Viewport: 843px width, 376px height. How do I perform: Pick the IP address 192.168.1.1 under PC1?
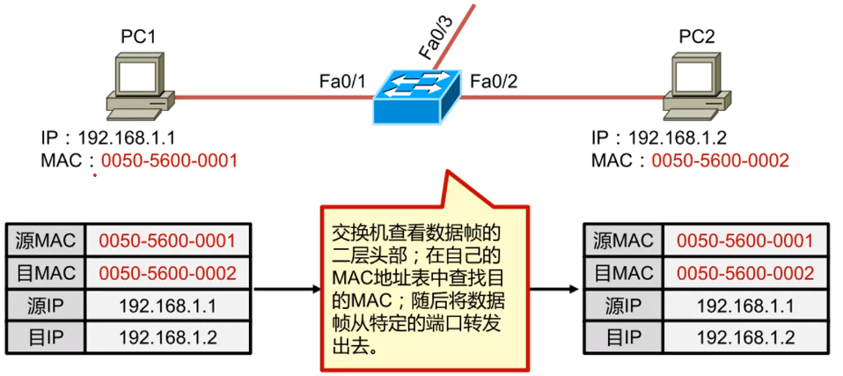point(127,138)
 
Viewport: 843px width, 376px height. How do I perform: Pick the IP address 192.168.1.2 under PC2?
point(678,138)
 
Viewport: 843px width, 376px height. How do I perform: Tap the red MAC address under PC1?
point(169,160)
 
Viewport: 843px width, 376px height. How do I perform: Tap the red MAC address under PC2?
point(720,160)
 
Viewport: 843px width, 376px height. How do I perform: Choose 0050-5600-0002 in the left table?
point(167,273)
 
